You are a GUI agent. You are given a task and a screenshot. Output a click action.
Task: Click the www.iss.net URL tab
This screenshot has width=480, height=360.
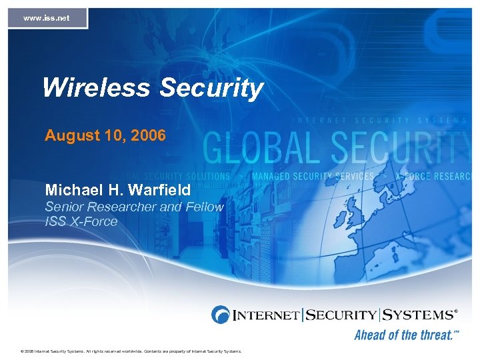coord(47,18)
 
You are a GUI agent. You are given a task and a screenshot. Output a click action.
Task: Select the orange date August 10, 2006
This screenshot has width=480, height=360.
coord(105,136)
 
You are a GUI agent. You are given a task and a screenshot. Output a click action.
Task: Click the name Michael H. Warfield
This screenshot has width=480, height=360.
coord(118,190)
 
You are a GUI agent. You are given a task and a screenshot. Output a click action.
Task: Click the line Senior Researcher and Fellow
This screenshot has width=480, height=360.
coord(134,207)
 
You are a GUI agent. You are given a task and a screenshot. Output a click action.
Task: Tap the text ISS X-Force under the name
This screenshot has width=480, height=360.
coord(81,221)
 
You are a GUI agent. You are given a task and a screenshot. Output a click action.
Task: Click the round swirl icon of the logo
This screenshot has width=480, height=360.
coord(221,314)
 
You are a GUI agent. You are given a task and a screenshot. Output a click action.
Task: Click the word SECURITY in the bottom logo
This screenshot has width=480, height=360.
coord(341,314)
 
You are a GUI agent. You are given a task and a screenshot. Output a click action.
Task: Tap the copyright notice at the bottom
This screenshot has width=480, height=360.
coord(131,351)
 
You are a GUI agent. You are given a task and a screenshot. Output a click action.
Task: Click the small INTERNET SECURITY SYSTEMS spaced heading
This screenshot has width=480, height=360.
coord(380,121)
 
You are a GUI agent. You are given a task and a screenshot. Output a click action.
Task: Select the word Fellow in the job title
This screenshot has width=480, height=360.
coord(203,207)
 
